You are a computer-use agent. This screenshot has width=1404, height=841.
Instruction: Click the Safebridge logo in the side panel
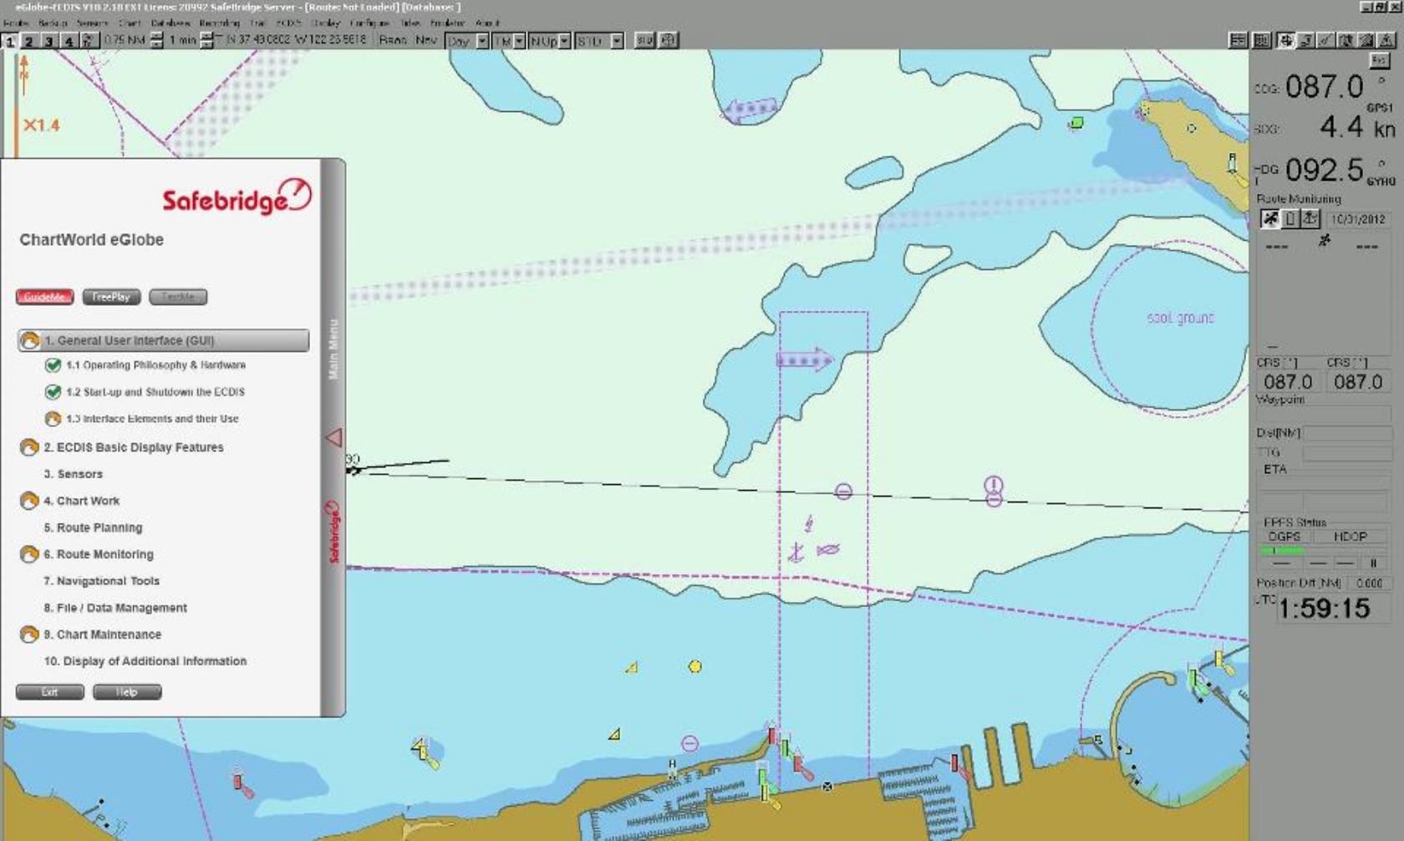pyautogui.click(x=237, y=198)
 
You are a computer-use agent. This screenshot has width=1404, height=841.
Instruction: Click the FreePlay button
pyautogui.click(x=111, y=297)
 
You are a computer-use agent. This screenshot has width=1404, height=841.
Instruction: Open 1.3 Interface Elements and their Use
pyautogui.click(x=151, y=419)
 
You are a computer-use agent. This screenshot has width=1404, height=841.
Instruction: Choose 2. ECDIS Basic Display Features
pyautogui.click(x=133, y=447)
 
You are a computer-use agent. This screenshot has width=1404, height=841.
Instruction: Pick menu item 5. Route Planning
pyautogui.click(x=93, y=528)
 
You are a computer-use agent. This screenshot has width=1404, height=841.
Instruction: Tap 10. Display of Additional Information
pyautogui.click(x=145, y=661)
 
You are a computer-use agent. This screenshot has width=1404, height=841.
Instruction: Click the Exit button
pyautogui.click(x=50, y=692)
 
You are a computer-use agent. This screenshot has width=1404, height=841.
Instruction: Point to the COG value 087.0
pyautogui.click(x=1324, y=86)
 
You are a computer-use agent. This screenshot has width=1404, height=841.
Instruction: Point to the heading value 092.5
pyautogui.click(x=1324, y=170)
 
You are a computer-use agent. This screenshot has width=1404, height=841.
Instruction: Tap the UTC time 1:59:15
pyautogui.click(x=1324, y=609)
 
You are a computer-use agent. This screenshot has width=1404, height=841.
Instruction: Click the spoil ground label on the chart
pyautogui.click(x=1180, y=319)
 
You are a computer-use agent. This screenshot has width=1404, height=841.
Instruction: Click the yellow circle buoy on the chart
pyautogui.click(x=694, y=666)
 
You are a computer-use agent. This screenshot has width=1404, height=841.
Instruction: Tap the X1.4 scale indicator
pyautogui.click(x=41, y=125)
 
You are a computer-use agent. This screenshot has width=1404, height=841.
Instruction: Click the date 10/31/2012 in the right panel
pyautogui.click(x=1358, y=219)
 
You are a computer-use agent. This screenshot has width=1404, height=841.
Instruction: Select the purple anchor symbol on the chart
pyautogui.click(x=796, y=552)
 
